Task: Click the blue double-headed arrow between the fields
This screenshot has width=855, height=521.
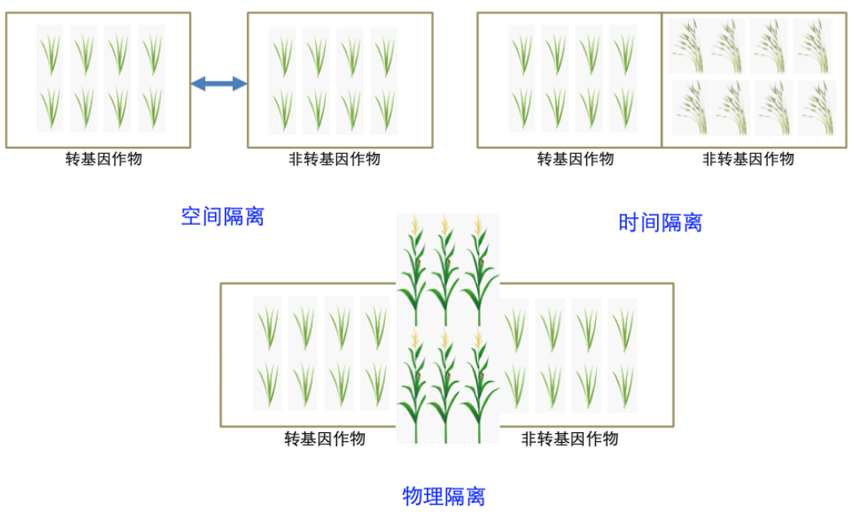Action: coord(218,83)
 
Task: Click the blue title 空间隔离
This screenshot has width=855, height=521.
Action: coord(222,217)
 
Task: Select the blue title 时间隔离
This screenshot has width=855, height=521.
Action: coord(660,222)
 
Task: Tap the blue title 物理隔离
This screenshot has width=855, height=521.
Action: coord(444,496)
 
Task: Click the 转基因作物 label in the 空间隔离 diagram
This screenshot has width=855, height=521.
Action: coord(103,160)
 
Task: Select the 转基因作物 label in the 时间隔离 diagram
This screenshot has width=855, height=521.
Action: coord(575,160)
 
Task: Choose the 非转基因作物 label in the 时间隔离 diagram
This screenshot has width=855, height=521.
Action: coord(748,160)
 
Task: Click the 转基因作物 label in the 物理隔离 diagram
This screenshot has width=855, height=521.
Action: coord(324,440)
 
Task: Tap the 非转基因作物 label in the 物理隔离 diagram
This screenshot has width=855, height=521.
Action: coord(569,440)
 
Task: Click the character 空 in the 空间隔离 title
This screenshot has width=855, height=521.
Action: coord(191,217)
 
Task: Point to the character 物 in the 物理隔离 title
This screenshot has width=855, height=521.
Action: coord(413,496)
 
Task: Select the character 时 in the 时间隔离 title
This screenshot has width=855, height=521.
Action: coord(629,222)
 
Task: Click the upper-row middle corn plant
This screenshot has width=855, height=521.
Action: coord(445,273)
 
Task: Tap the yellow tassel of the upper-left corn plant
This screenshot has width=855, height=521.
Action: coord(414,224)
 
